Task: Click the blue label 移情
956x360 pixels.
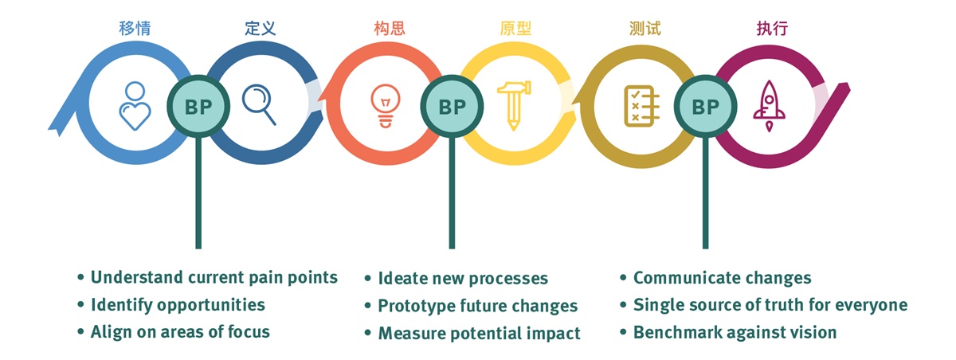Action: (133, 29)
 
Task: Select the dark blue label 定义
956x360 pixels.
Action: (261, 29)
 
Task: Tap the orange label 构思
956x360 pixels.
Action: (389, 29)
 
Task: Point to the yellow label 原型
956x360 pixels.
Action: (515, 29)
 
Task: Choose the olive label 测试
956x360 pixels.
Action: (644, 29)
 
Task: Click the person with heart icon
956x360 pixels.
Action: (134, 105)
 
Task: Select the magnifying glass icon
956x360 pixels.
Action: (259, 104)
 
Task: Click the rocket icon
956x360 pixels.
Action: (770, 106)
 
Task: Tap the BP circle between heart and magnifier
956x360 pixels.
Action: (198, 106)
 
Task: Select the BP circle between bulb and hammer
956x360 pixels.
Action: (452, 106)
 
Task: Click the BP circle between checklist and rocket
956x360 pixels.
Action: (704, 106)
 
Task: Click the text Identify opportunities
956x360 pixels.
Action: (178, 304)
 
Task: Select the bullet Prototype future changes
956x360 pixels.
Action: (477, 306)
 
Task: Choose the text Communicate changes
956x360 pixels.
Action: (722, 278)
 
